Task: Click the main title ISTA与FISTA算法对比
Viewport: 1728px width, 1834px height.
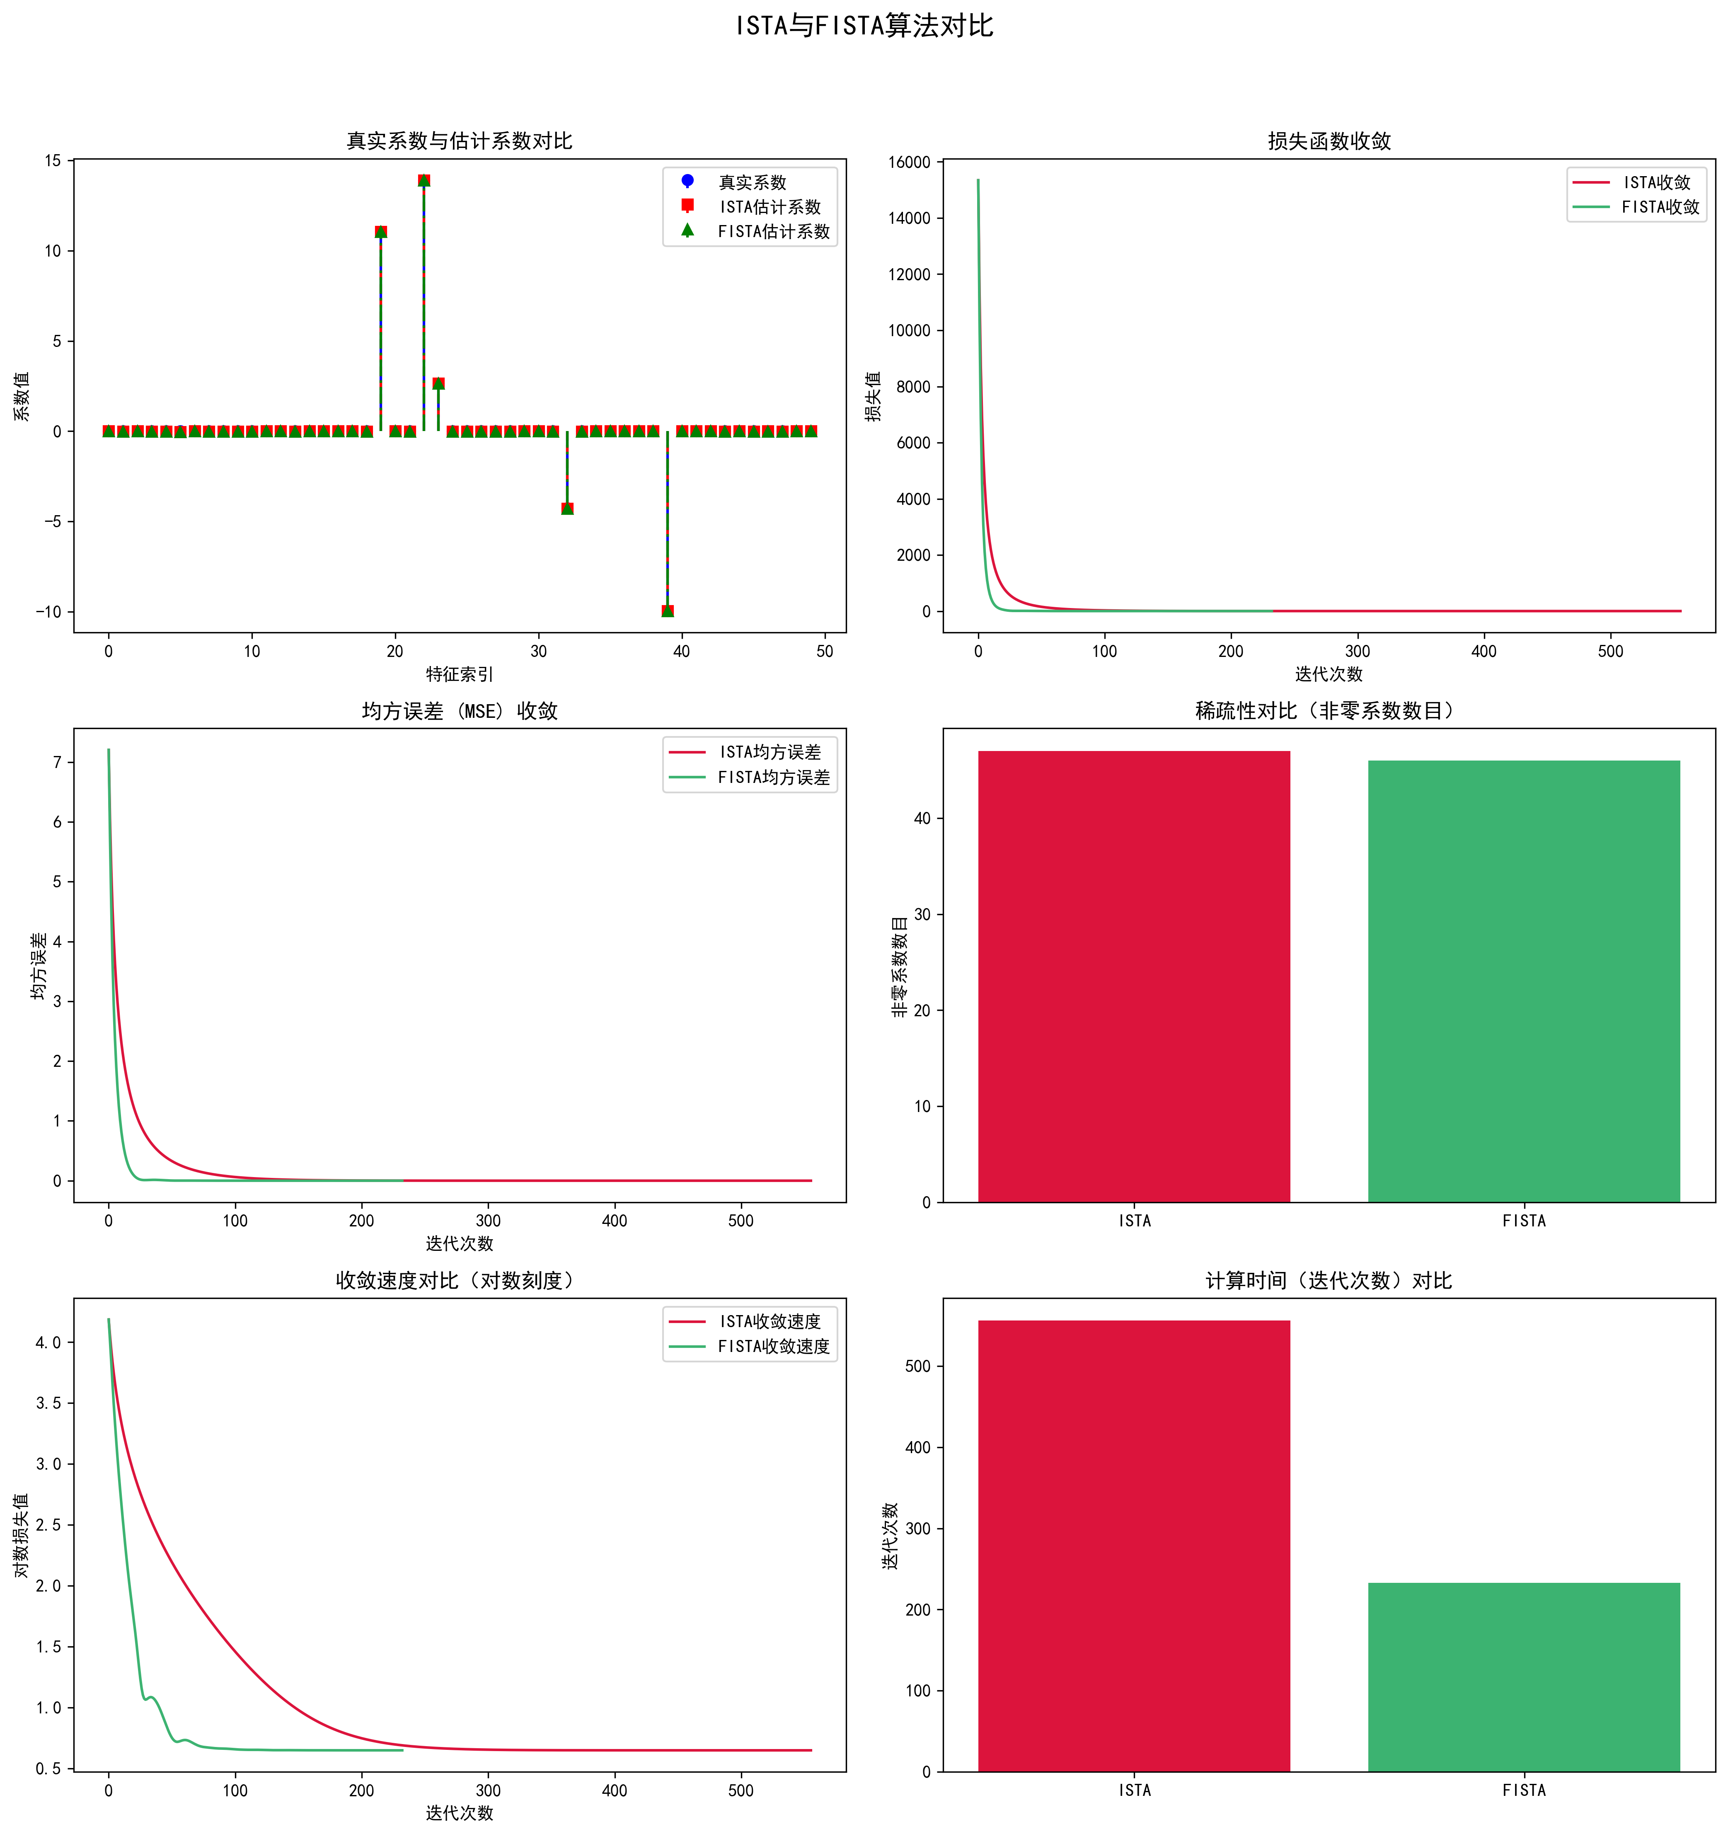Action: [864, 26]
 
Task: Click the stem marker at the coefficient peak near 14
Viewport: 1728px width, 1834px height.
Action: [424, 181]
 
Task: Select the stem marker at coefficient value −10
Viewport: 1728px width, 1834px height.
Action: [667, 611]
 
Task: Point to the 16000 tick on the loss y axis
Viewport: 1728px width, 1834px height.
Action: [909, 162]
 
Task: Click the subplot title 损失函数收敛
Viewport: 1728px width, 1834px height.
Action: [1329, 141]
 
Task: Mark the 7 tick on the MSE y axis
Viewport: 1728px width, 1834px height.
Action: [57, 762]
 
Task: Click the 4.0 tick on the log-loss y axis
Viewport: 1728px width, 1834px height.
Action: [48, 1342]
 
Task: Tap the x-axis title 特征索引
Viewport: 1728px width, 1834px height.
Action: [460, 674]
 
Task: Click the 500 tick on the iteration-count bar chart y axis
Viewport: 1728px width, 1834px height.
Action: [918, 1366]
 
